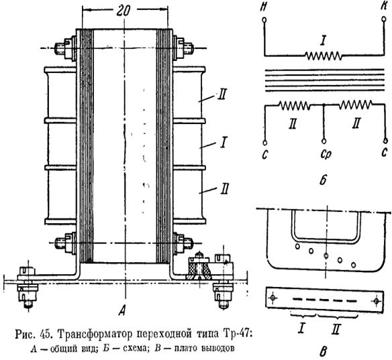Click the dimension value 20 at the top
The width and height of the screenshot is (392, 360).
pyautogui.click(x=124, y=11)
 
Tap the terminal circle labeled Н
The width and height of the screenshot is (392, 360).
pyautogui.click(x=264, y=19)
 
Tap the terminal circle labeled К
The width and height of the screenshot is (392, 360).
pyautogui.click(x=383, y=19)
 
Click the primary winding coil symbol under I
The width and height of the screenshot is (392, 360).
pyautogui.click(x=324, y=56)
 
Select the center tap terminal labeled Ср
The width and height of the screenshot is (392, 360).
pyautogui.click(x=324, y=141)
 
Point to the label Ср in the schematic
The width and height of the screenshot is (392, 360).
pyautogui.click(x=326, y=155)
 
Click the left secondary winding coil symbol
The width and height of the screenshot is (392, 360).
pyautogui.click(x=295, y=105)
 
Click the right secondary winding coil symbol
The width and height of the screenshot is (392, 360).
pyautogui.click(x=355, y=105)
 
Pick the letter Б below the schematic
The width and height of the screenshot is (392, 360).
pyautogui.click(x=323, y=180)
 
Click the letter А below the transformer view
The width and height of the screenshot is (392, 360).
pyautogui.click(x=122, y=310)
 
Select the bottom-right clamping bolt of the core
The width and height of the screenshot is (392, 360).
pyautogui.click(x=183, y=243)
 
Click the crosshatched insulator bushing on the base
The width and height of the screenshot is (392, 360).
pyautogui.click(x=199, y=269)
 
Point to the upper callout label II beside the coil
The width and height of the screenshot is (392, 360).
pyautogui.click(x=222, y=95)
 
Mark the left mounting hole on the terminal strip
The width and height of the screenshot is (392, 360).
pyautogui.click(x=273, y=298)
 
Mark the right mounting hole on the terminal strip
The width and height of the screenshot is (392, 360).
pyautogui.click(x=377, y=301)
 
